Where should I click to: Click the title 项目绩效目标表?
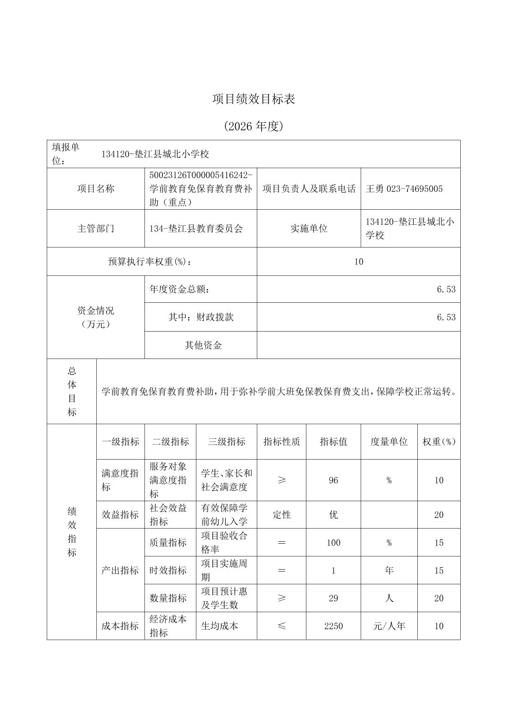pos(253,99)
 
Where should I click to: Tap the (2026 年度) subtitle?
pos(253,126)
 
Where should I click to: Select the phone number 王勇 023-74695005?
pos(404,189)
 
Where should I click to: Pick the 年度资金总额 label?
pos(179,290)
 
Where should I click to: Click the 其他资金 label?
pos(203,345)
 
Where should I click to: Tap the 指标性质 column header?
pos(281,442)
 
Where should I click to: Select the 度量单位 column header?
pos(389,442)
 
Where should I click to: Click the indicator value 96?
pos(333,480)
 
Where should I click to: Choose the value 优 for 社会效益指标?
pos(333,515)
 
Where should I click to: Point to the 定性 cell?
pos(281,515)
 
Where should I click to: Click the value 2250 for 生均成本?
pos(333,626)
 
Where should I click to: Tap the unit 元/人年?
pos(389,626)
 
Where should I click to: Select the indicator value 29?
pos(333,598)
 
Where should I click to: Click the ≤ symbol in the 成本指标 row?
pos(281,626)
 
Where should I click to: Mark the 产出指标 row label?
pos(120,571)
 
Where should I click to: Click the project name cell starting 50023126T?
pos(201,189)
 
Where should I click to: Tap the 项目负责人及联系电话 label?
pos(309,189)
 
